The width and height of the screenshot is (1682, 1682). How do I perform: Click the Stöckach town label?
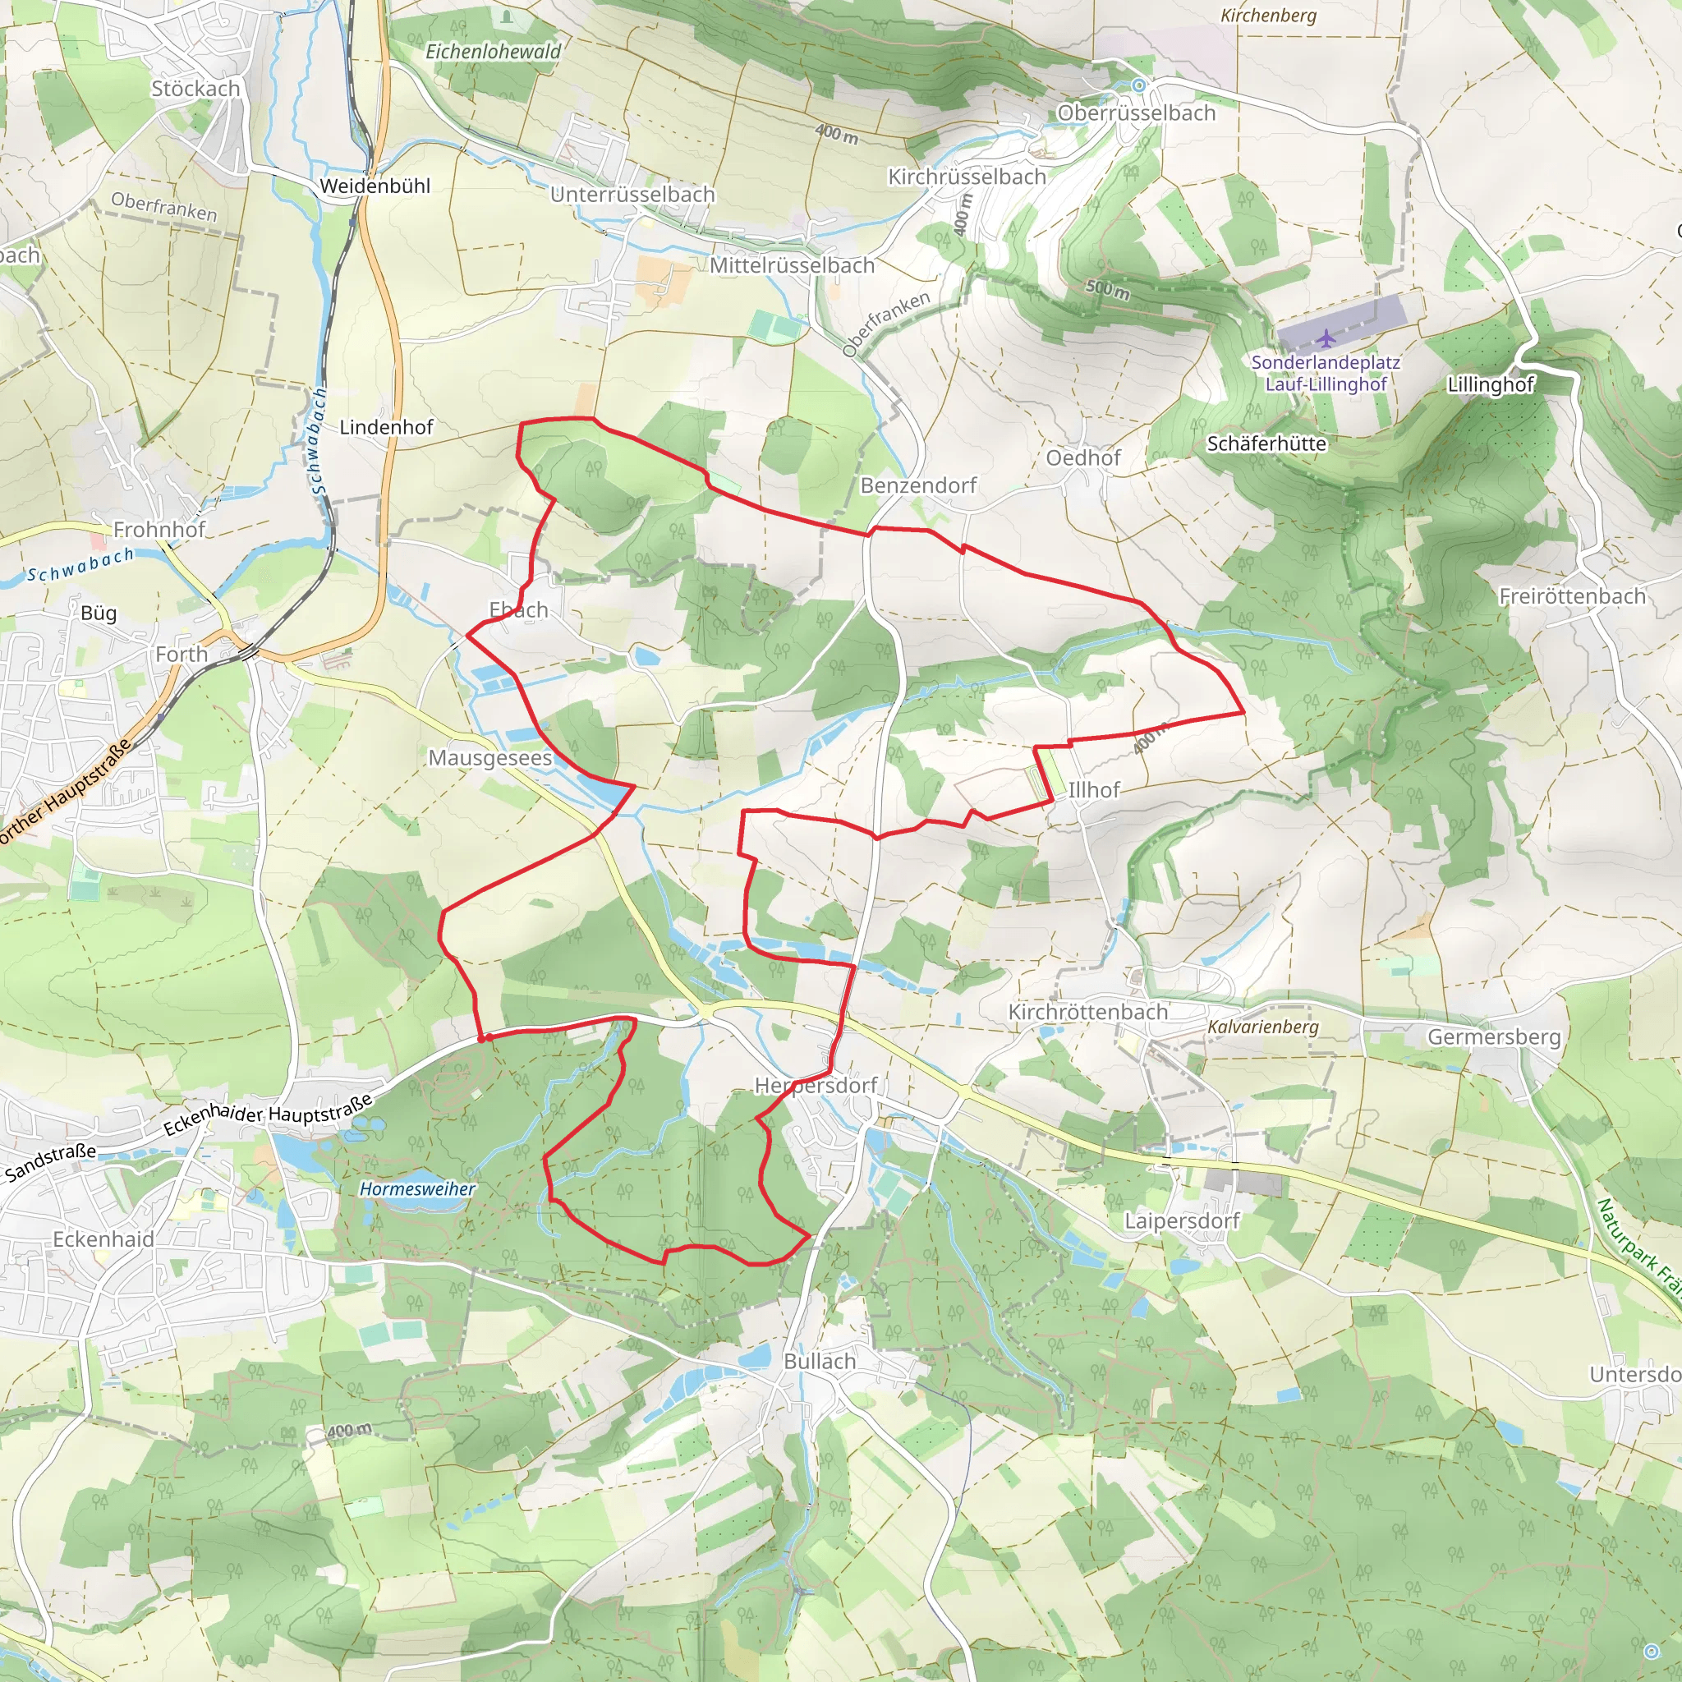coord(195,89)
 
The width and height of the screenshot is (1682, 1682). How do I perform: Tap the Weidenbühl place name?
coord(375,186)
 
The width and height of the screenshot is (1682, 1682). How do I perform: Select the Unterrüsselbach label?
coord(632,194)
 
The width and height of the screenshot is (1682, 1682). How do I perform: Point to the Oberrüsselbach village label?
coord(1135,113)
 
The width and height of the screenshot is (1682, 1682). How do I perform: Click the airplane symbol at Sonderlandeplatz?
coord(1325,337)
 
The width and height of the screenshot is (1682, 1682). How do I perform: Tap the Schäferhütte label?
coord(1266,443)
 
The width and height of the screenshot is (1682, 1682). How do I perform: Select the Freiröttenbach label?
coord(1572,596)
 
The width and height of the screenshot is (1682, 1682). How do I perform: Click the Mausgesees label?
coord(490,757)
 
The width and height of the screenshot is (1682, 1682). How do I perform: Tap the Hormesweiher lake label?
coord(418,1188)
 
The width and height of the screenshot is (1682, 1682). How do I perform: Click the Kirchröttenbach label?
coord(1087,1012)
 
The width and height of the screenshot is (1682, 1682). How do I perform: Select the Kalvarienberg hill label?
coord(1262,1027)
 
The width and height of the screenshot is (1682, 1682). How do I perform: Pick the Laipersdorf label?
coord(1181,1220)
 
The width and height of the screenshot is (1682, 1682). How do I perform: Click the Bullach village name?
coord(819,1361)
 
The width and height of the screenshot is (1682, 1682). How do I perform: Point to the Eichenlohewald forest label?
coord(493,53)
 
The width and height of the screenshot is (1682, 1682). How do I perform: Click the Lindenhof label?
coord(386,426)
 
